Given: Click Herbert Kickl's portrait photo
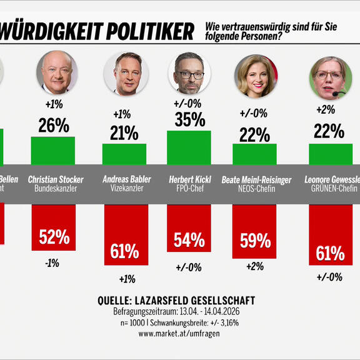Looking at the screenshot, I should pos(189,74).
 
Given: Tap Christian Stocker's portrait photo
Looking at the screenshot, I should pos(57,72).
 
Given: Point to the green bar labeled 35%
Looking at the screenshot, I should pos(189,147).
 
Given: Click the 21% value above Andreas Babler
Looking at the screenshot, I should pos(124,132).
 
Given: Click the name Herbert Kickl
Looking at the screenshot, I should pos(189,179).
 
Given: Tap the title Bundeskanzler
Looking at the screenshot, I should pos(56,188).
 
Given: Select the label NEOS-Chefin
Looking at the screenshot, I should pos(256,189).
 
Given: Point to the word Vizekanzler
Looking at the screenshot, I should pos(124,188).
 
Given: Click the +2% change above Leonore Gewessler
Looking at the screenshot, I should pos(326,109).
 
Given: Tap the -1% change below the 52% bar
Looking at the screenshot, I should pos(52,263).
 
